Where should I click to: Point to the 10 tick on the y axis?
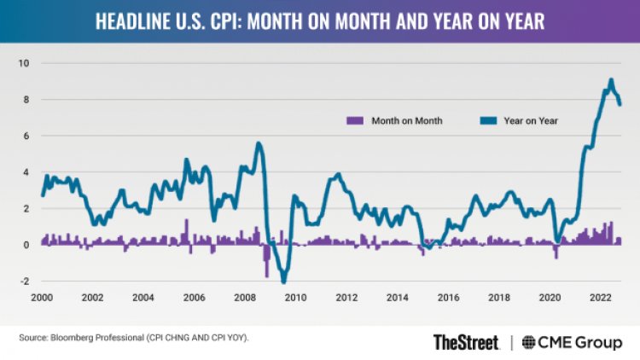click(x=25, y=63)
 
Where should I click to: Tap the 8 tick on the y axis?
click(x=26, y=100)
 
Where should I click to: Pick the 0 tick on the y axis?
click(x=26, y=245)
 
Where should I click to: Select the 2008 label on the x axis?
click(x=245, y=298)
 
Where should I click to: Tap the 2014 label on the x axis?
click(x=398, y=298)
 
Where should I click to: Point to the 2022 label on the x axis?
click(x=601, y=298)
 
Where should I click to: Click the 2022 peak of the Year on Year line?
click(x=611, y=81)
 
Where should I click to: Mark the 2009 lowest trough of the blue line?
click(x=284, y=282)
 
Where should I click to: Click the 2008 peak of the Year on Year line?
click(x=259, y=143)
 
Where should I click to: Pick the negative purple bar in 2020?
click(x=556, y=252)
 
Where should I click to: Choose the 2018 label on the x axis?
click(x=499, y=298)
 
